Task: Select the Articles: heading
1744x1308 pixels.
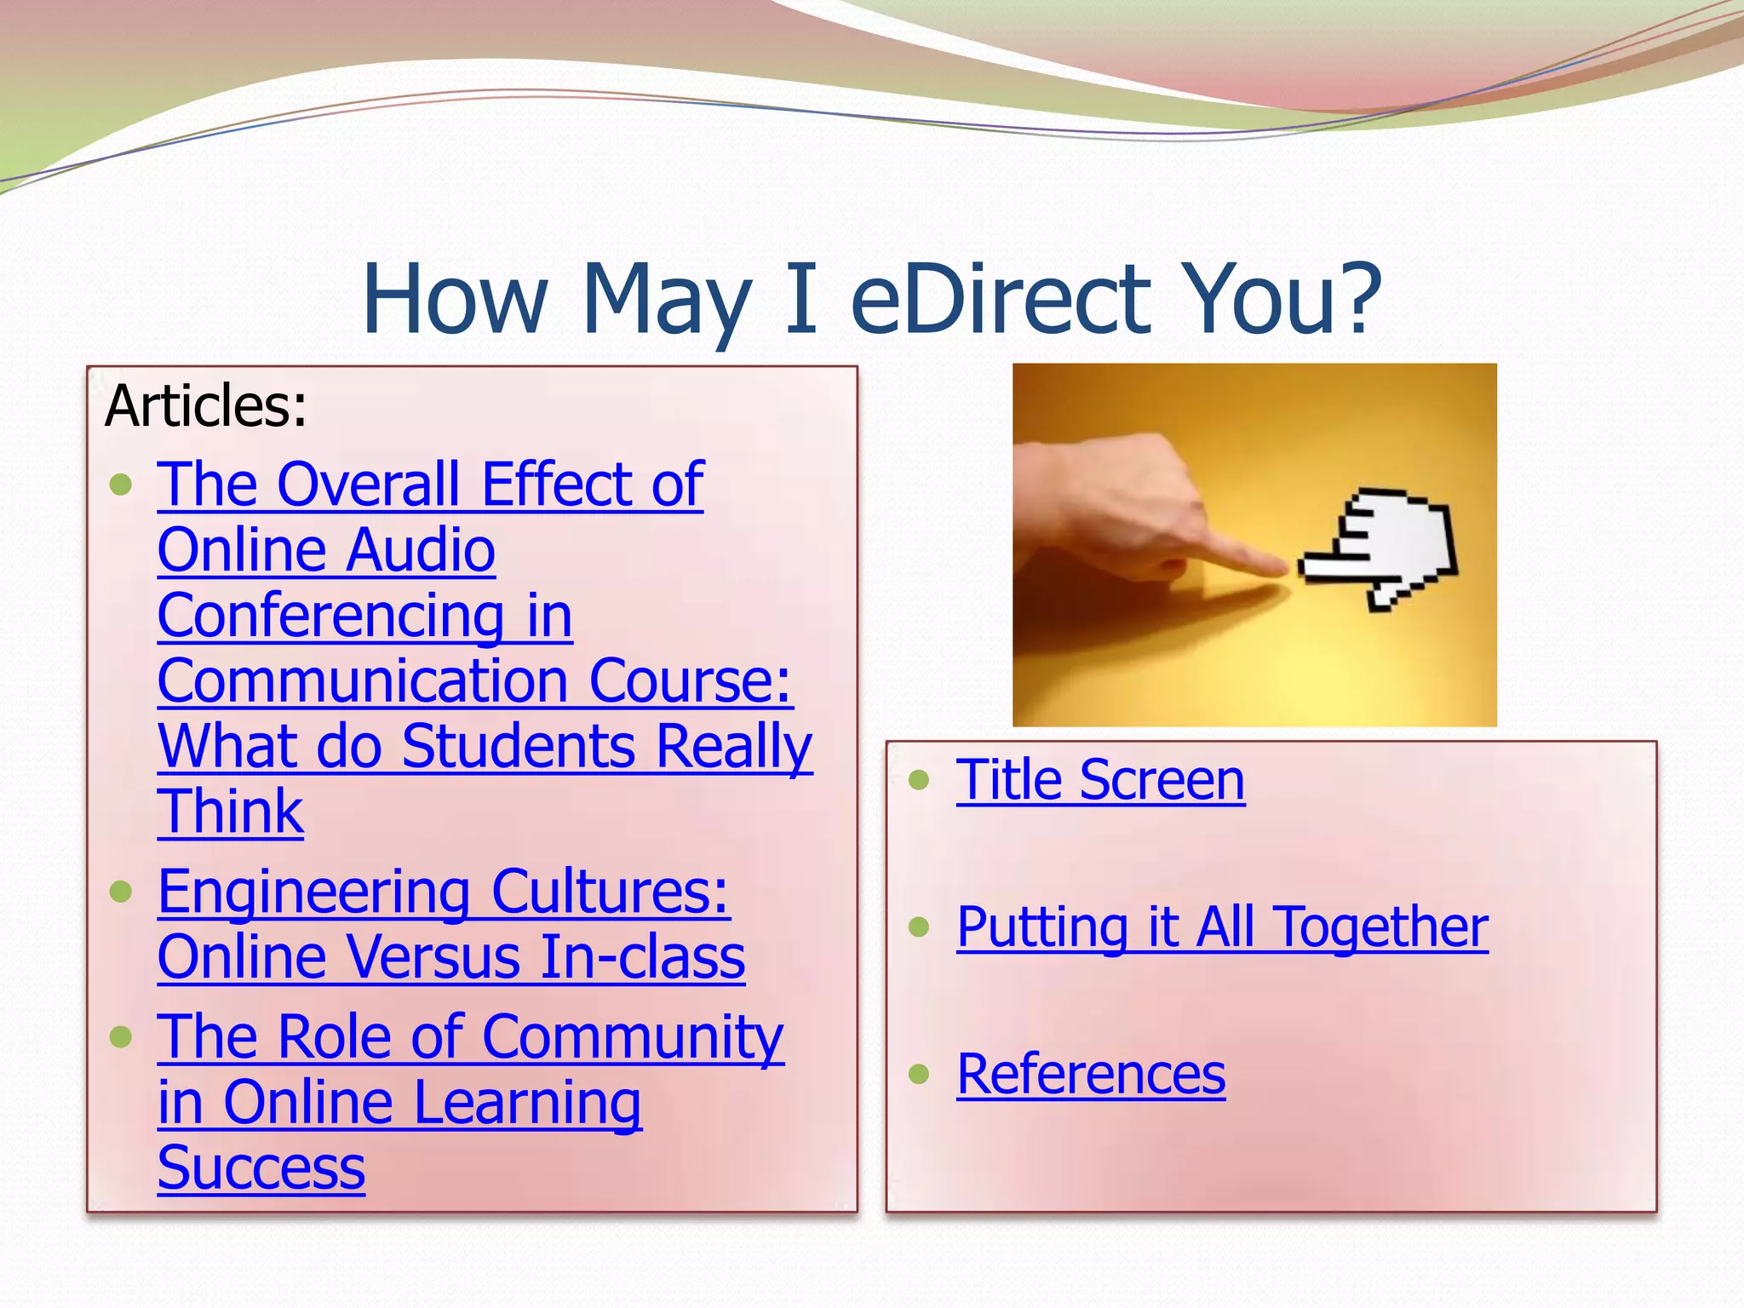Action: (x=205, y=405)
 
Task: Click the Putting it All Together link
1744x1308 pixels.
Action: (x=1222, y=926)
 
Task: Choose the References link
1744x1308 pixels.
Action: (x=1091, y=1074)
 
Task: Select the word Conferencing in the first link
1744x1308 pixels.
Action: (x=331, y=617)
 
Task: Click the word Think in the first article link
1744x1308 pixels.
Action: (x=231, y=812)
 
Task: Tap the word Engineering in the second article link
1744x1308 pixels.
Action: (x=313, y=893)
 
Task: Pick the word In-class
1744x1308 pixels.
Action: (x=643, y=957)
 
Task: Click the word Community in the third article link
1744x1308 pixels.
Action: (x=633, y=1037)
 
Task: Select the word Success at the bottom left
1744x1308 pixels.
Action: (x=261, y=1167)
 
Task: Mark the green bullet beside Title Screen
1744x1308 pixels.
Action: (x=918, y=780)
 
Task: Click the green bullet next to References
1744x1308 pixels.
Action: (x=918, y=1074)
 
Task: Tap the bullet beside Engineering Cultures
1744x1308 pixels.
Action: (x=121, y=892)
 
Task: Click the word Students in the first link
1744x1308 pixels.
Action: (x=518, y=747)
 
